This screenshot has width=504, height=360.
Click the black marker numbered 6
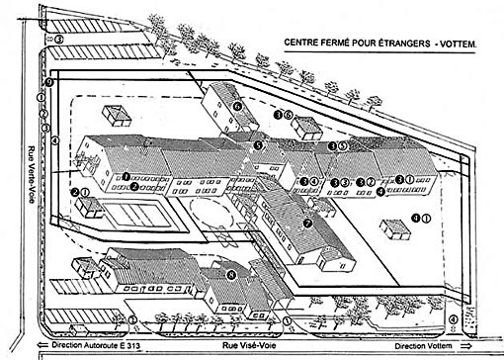[237, 106]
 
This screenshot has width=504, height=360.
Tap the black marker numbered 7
[307, 224]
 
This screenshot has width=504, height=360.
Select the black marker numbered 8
[231, 274]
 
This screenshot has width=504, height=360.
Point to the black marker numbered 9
[49, 82]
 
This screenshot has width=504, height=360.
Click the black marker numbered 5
[258, 145]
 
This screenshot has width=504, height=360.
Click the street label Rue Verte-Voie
[32, 175]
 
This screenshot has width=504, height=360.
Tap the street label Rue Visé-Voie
[249, 345]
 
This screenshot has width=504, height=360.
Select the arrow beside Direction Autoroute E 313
[42, 345]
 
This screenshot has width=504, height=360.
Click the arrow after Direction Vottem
[465, 346]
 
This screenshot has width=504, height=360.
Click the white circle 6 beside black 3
[288, 115]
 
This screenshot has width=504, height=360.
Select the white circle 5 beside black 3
[343, 145]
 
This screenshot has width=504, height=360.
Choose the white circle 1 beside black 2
[85, 192]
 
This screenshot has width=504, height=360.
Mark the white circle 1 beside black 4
[426, 218]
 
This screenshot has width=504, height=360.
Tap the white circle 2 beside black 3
[371, 182]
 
